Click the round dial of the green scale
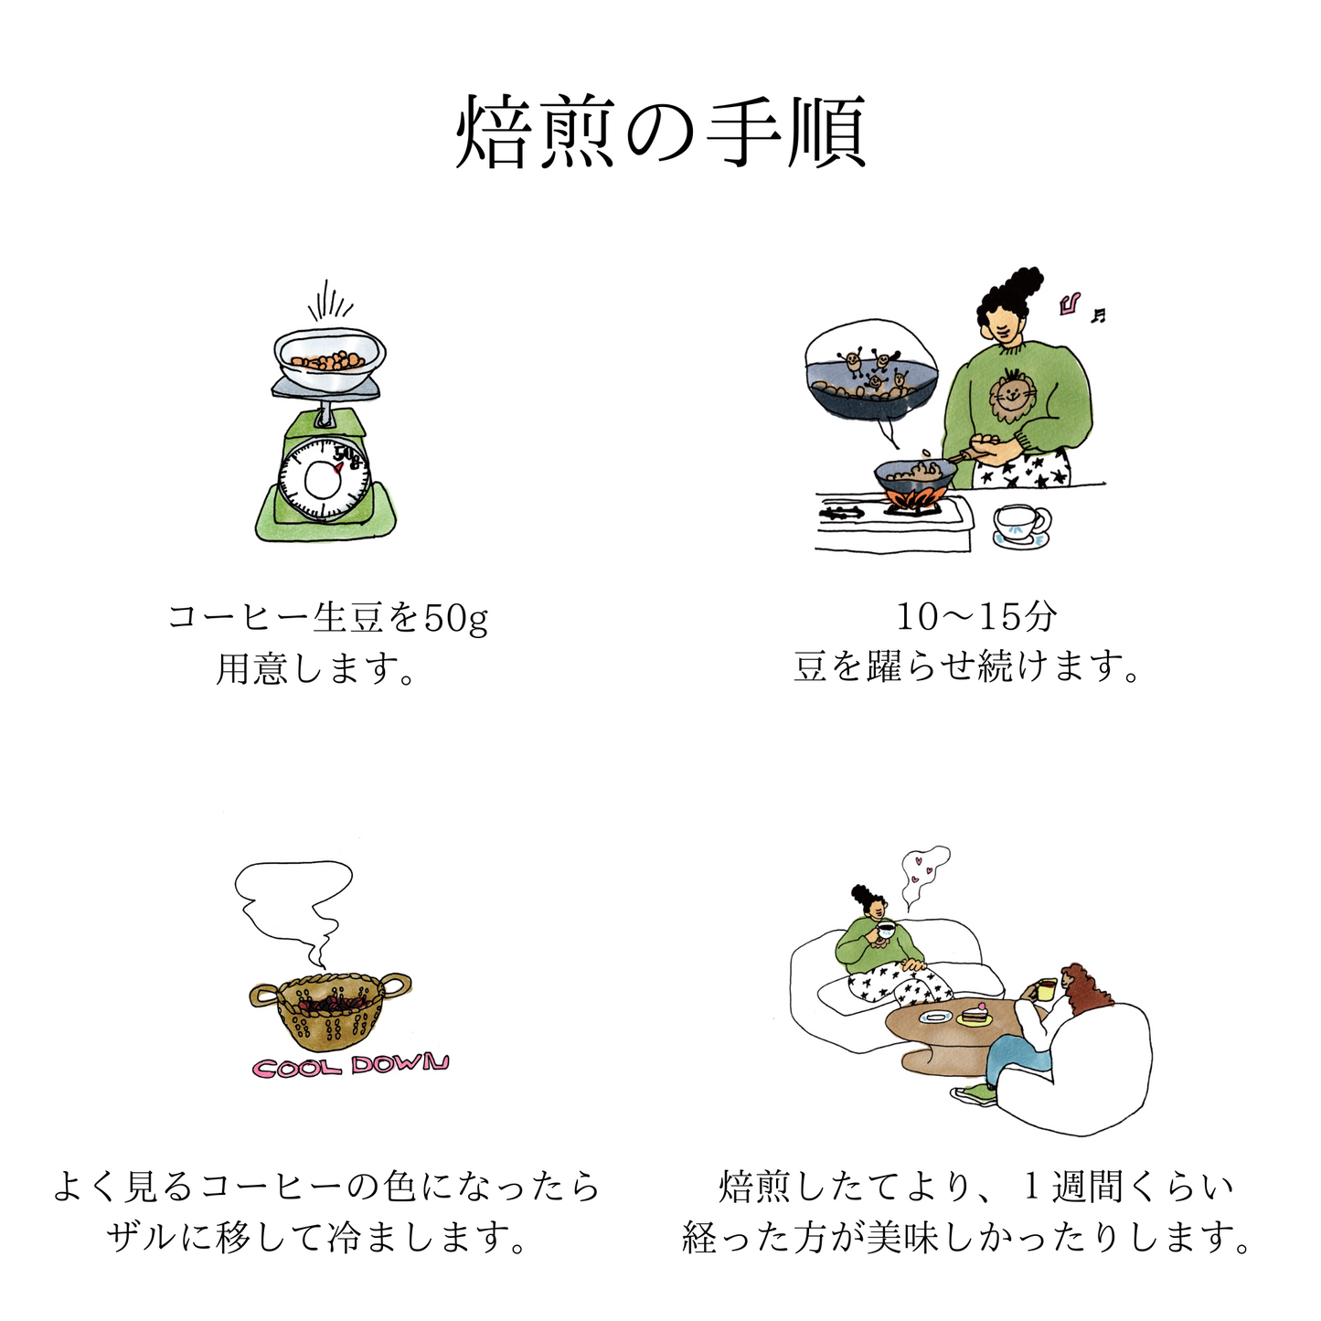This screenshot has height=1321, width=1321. click(324, 478)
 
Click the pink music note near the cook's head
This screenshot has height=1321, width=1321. click(1071, 304)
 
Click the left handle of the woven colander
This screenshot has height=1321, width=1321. click(264, 996)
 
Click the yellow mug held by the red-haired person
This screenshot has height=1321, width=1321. click(1046, 990)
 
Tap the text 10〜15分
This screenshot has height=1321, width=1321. click(976, 618)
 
